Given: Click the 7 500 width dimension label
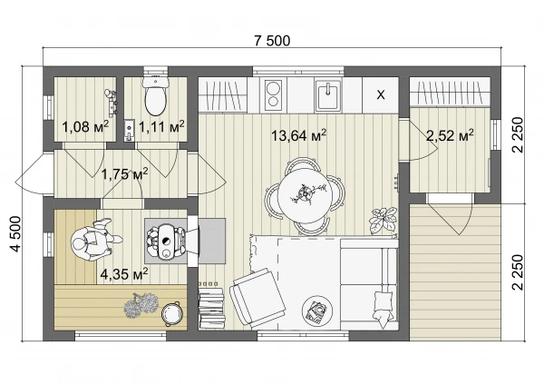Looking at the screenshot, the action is click(272, 41).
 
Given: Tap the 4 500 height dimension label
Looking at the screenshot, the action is click(16, 233).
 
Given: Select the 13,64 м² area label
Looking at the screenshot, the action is click(298, 135).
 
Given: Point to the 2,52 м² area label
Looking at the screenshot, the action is click(450, 135).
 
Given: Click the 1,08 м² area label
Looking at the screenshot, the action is click(85, 127).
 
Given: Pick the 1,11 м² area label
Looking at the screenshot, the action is click(161, 127).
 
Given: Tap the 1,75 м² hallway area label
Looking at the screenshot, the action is click(125, 173).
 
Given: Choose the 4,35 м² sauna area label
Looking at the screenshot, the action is click(124, 274).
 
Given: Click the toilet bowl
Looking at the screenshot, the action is click(156, 95).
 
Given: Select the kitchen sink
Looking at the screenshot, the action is click(328, 94).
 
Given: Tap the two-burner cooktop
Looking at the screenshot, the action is click(273, 94).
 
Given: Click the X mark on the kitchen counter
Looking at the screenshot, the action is click(381, 94).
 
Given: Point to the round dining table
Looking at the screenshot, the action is click(305, 195).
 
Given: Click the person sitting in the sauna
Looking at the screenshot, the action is click(93, 240).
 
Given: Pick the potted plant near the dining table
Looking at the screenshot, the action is click(383, 221).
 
